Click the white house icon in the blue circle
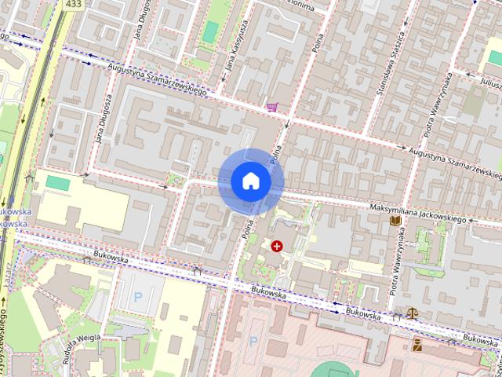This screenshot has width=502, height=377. point(251,181)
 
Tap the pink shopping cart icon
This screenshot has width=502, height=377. point(272,107)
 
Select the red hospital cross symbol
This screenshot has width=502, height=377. point(276,246)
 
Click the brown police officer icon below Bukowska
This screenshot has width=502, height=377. point(417,344)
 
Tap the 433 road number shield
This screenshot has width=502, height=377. point(74,5)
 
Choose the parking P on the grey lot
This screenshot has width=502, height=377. point(139,297)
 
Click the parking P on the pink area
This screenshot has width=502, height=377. point(253,342)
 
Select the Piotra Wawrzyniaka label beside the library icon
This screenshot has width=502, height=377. point(399,265)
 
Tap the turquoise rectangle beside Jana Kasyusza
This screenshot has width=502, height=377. point(210,31)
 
